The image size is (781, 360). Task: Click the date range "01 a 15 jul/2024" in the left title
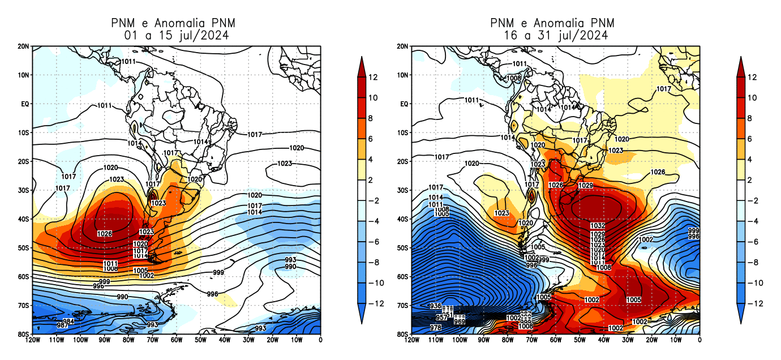(x=176, y=36)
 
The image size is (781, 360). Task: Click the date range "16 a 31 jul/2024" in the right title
(x=555, y=36)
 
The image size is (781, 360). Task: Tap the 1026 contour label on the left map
(x=104, y=234)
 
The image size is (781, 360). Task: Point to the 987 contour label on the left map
(x=63, y=325)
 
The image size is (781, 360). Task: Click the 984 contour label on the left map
(x=68, y=321)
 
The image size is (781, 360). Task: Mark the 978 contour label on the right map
(x=436, y=328)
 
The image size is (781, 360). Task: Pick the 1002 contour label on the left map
(x=147, y=276)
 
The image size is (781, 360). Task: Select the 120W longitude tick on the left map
(x=33, y=340)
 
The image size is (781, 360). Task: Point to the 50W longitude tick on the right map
(x=579, y=340)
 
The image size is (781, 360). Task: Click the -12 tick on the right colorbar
(x=756, y=303)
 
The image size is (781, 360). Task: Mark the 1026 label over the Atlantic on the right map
(x=658, y=172)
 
